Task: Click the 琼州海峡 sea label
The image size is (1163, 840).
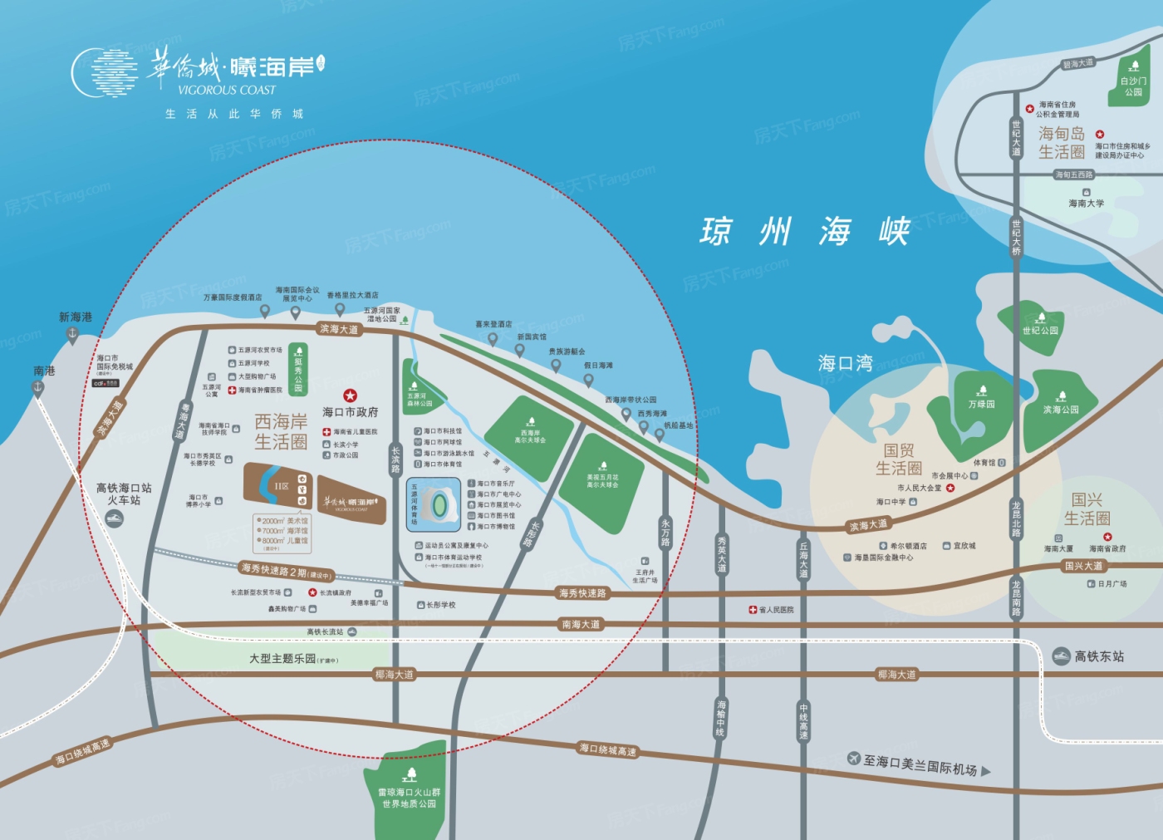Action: (805, 231)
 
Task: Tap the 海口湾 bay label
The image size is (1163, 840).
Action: (845, 363)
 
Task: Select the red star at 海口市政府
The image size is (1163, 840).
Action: (350, 395)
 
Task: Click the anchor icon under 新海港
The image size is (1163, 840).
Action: (72, 335)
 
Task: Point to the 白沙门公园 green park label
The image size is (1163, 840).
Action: (1133, 86)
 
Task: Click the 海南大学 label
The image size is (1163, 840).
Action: (1086, 203)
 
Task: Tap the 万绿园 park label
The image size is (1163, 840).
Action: (981, 404)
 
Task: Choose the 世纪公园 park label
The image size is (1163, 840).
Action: (1040, 330)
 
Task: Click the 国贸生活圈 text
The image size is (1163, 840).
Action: (898, 459)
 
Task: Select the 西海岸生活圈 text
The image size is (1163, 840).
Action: (281, 431)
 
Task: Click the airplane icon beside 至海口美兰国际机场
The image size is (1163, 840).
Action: (854, 758)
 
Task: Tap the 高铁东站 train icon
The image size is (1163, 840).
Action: (1061, 656)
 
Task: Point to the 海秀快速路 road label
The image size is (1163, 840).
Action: (582, 593)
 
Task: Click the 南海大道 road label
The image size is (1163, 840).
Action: (581, 624)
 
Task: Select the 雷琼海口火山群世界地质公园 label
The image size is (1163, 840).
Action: (409, 798)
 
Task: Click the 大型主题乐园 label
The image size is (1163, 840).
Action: (283, 658)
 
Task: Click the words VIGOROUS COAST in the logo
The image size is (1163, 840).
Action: (226, 90)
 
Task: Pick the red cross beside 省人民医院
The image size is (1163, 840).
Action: (753, 610)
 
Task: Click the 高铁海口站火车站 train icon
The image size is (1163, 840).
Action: (114, 518)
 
